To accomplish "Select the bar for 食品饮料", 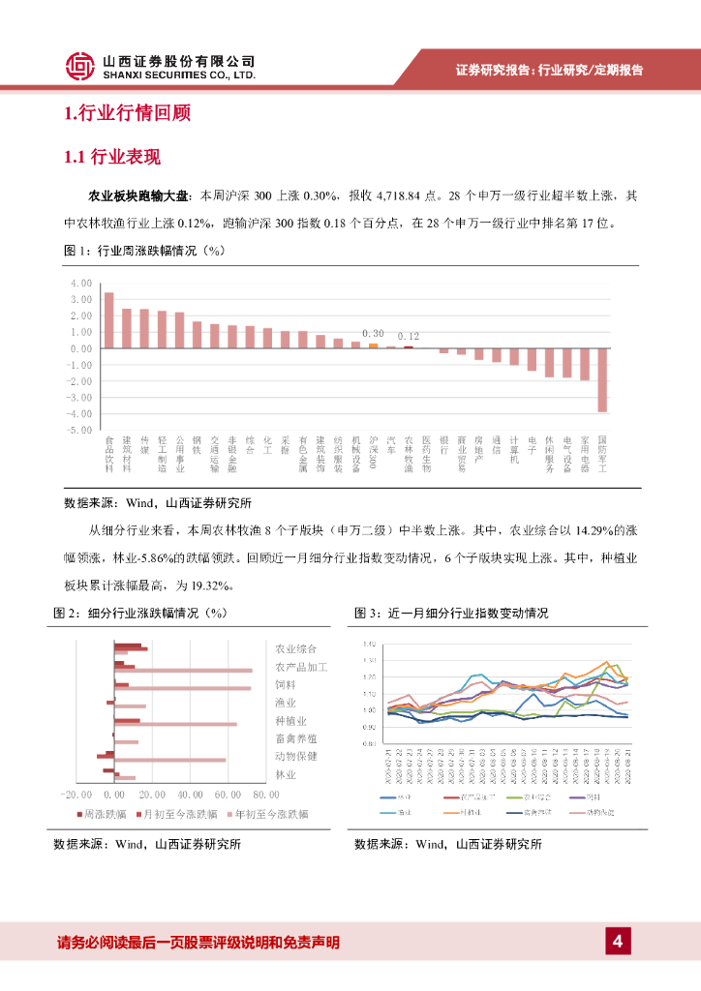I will click(109, 319).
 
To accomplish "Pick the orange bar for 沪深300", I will click(373, 345).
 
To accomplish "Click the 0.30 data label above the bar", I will click(373, 332).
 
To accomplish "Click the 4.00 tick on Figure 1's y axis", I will click(80, 283).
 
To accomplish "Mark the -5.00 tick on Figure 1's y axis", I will click(79, 429).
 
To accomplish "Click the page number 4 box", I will click(618, 941).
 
